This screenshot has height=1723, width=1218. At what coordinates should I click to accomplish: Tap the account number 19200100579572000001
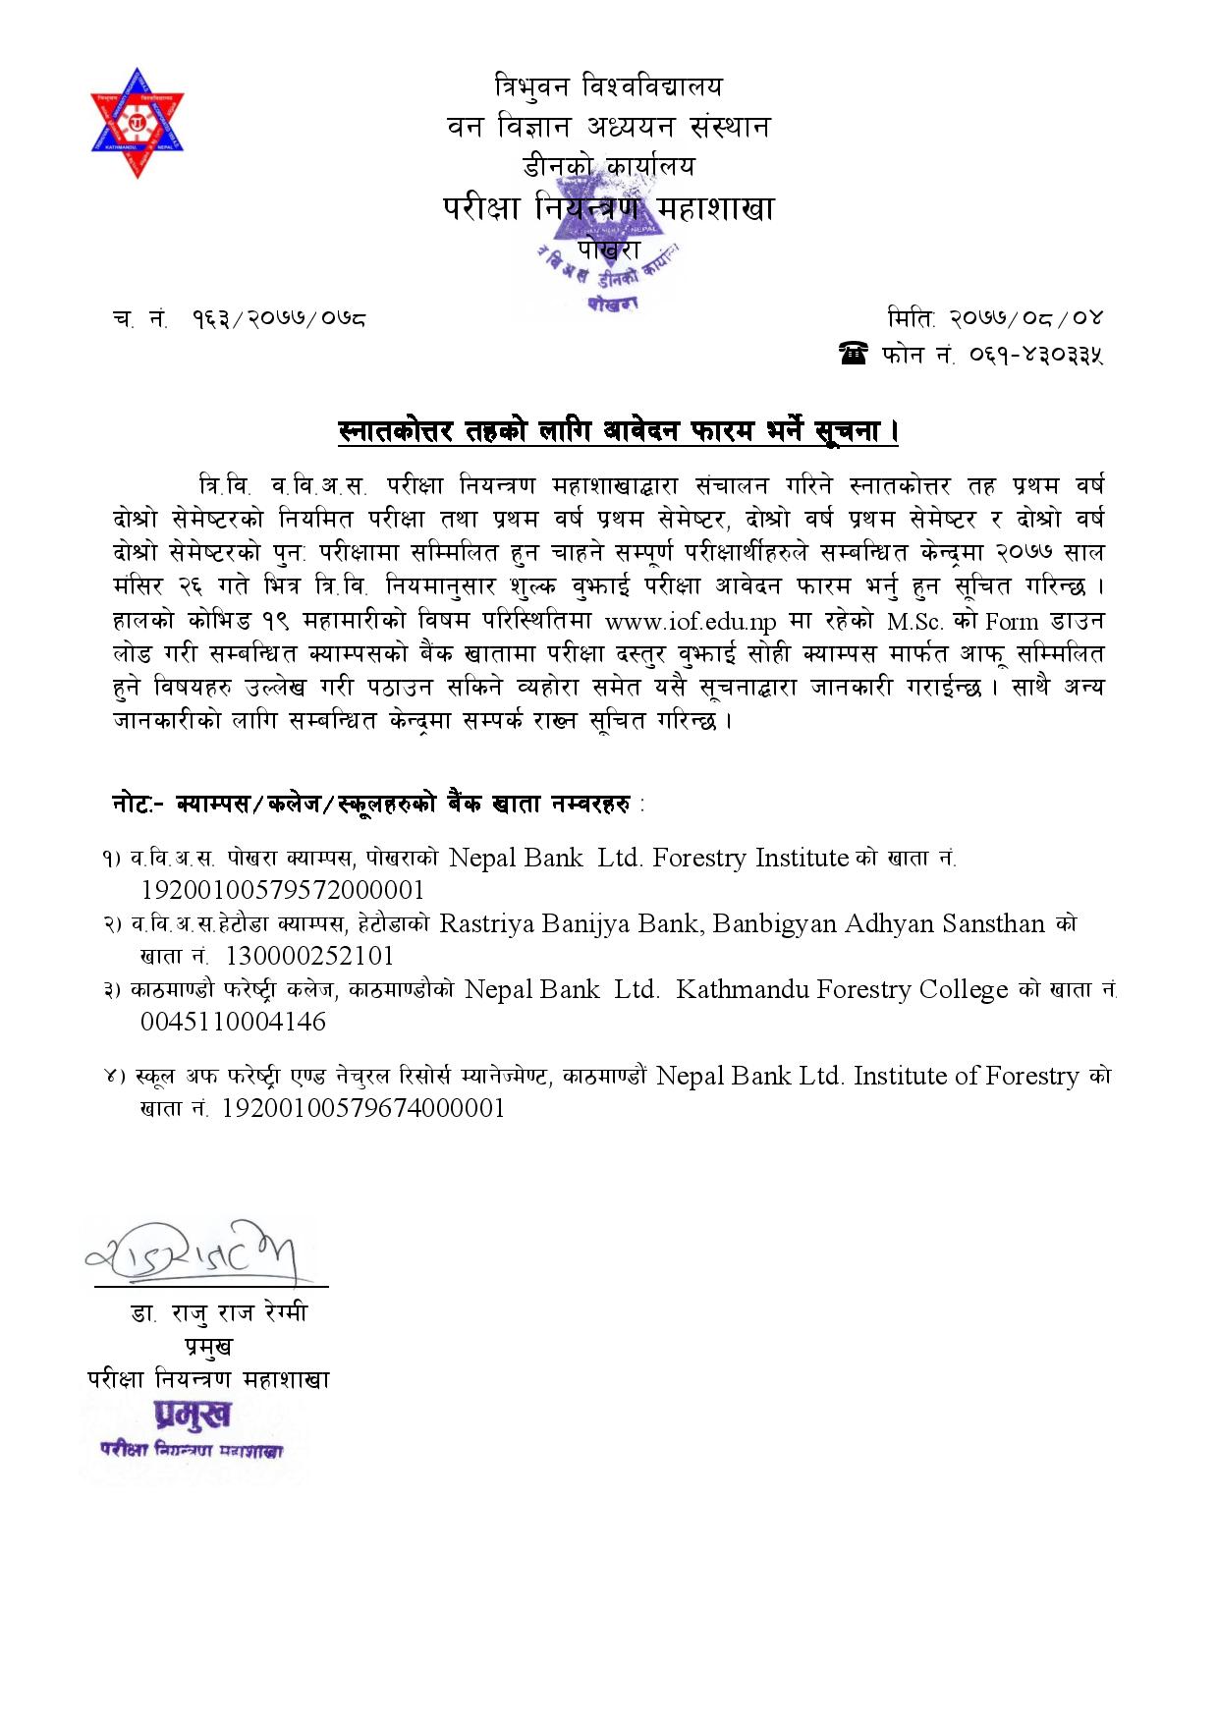(x=283, y=890)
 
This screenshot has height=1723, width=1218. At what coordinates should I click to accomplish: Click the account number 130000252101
(x=309, y=956)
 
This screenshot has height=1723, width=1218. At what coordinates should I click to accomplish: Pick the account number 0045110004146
(x=234, y=1022)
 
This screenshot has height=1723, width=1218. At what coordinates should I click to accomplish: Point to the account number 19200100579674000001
(x=364, y=1108)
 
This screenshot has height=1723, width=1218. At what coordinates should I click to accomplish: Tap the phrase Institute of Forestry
(x=967, y=1076)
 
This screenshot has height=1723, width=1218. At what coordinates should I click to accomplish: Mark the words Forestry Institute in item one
(x=750, y=858)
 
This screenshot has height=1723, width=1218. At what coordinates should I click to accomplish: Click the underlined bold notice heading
(x=618, y=431)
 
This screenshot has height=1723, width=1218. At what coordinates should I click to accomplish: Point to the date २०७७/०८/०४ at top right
(x=1025, y=318)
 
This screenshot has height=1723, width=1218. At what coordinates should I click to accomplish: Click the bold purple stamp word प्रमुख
(x=193, y=1415)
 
